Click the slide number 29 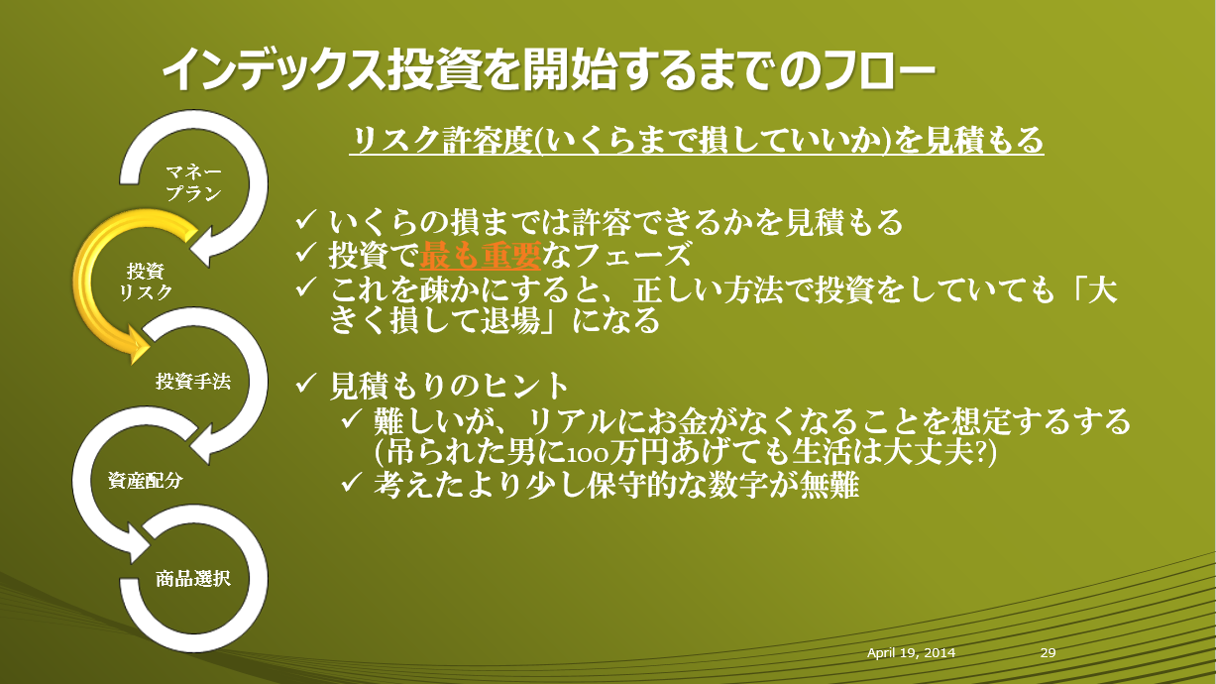(x=1048, y=652)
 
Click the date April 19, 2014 (x=911, y=653)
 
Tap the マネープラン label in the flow (x=194, y=183)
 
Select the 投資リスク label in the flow (x=146, y=282)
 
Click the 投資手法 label (x=193, y=381)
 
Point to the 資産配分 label (x=146, y=481)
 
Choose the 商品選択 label (x=193, y=579)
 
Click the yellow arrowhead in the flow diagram (x=138, y=345)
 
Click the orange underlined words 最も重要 (x=480, y=255)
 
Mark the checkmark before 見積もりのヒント (x=306, y=384)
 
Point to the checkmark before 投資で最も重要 (x=306, y=253)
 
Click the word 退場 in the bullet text (x=510, y=321)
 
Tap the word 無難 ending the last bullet (x=829, y=485)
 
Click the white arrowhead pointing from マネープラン (x=202, y=247)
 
